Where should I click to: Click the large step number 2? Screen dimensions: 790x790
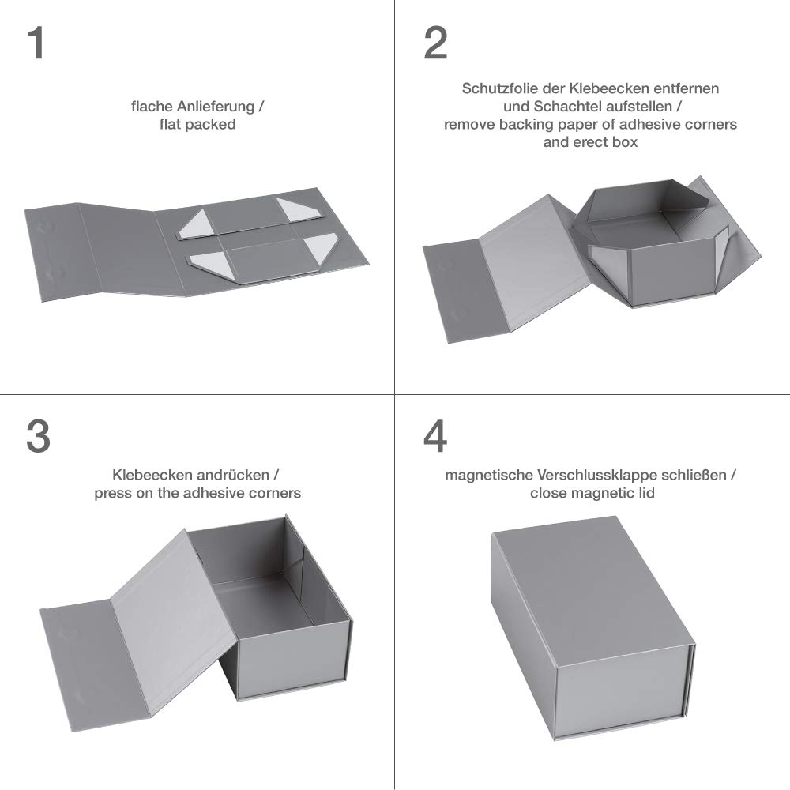pos(436,43)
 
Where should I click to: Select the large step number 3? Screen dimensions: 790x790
pos(38,436)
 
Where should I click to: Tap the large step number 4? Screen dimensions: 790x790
pos(435,436)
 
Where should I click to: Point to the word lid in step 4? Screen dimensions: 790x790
pos(648,493)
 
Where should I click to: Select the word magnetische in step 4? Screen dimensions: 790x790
pos(489,475)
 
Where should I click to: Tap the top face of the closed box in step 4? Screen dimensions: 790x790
pos(592,590)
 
